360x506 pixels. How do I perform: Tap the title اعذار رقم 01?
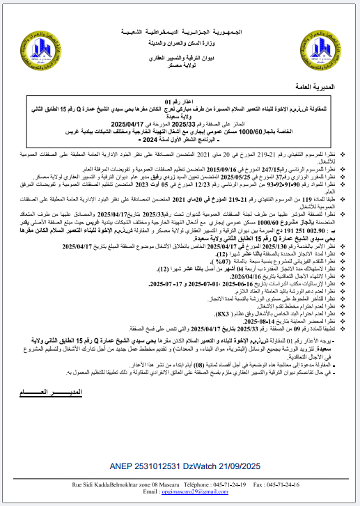(x=180, y=102)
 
